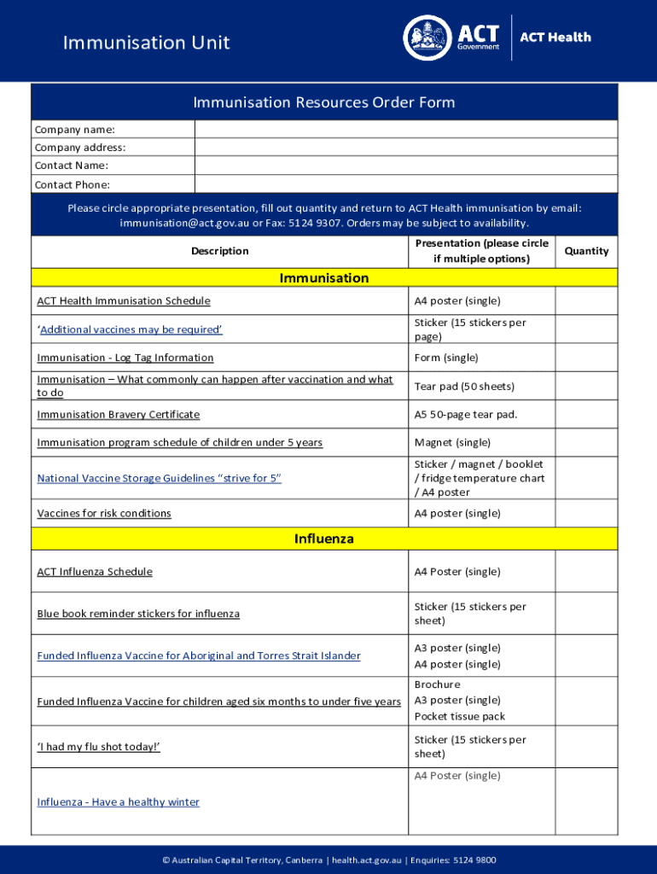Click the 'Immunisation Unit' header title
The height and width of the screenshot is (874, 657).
pos(146,43)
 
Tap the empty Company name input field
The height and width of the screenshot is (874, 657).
pos(405,130)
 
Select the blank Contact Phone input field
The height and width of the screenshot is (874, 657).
pos(405,184)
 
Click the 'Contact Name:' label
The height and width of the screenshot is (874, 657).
pos(71,166)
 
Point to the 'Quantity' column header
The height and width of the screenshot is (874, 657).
pos(586,251)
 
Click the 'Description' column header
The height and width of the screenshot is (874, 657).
pos(220,251)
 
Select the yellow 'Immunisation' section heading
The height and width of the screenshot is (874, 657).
pos(324,278)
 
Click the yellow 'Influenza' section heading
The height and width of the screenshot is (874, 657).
pos(324,539)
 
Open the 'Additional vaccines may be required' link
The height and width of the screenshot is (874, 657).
pos(131,329)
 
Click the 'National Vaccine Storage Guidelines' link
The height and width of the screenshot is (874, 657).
pos(159,478)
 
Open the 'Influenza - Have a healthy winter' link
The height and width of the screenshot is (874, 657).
pos(118,801)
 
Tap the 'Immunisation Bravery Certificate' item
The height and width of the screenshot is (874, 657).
pos(118,414)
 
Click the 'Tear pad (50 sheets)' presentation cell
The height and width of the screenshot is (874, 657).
pos(464,386)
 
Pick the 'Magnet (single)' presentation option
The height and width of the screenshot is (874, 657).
pos(452,442)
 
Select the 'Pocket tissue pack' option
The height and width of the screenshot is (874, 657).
pos(459,716)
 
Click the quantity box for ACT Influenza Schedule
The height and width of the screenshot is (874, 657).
pos(586,571)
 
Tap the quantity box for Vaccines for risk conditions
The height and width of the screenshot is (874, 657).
pos(586,513)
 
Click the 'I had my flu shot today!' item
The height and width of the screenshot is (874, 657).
pos(99,747)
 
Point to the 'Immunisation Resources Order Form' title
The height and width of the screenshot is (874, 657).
pos(324,102)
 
